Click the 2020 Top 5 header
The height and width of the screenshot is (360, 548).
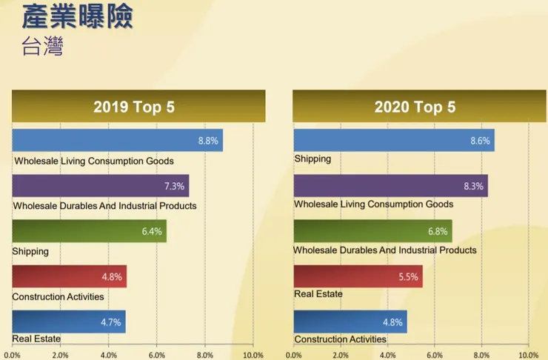[415, 106]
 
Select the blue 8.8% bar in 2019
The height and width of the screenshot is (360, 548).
[117, 140]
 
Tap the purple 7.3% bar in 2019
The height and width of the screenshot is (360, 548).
[100, 185]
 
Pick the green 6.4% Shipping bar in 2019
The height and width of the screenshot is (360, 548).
[89, 231]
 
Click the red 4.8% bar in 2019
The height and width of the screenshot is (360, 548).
[69, 276]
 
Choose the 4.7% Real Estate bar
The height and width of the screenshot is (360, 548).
[68, 321]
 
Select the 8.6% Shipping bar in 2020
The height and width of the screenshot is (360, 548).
[394, 140]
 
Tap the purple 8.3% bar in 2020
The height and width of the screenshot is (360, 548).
[390, 185]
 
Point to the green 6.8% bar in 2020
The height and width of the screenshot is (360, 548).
[372, 231]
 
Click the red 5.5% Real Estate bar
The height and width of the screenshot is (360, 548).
[358, 276]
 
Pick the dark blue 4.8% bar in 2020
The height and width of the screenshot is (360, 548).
[350, 321]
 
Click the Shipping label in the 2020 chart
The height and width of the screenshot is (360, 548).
[313, 159]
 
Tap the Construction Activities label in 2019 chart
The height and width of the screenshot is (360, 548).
[58, 297]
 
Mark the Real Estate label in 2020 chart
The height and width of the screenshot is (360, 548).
[318, 294]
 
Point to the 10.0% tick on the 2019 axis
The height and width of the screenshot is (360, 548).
[253, 354]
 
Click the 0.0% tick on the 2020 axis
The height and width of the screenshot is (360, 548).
[294, 354]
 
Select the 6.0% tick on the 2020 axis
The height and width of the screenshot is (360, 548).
[435, 354]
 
